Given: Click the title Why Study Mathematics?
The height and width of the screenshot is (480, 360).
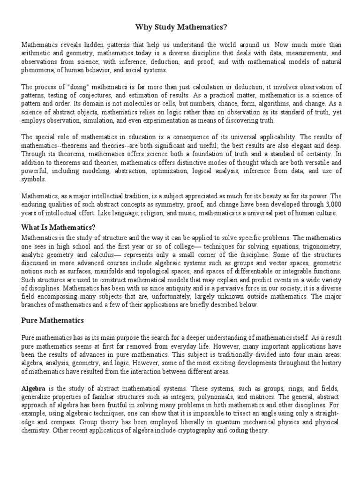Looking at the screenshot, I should [x=180, y=27].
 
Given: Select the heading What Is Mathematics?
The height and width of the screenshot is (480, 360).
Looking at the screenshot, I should [x=59, y=227].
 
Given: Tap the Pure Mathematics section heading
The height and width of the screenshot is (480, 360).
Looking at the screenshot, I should [x=52, y=321].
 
